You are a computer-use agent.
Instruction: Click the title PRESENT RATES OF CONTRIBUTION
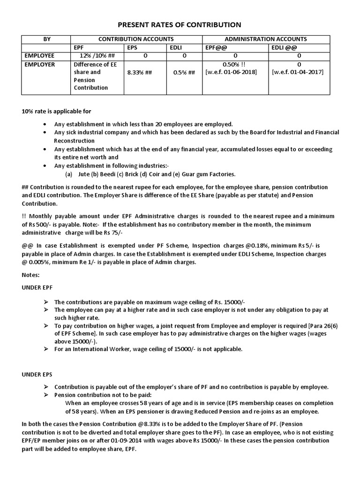coord(180,25)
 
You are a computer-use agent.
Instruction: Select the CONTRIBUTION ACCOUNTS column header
coord(135,39)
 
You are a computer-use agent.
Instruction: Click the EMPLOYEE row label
coord(40,55)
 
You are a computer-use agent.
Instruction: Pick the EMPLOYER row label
coord(40,64)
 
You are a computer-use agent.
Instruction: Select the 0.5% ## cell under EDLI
coord(184,73)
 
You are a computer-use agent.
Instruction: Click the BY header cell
coord(47,39)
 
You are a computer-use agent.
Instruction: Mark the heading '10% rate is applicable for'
coord(56,112)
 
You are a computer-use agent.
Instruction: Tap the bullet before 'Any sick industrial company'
coord(44,133)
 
